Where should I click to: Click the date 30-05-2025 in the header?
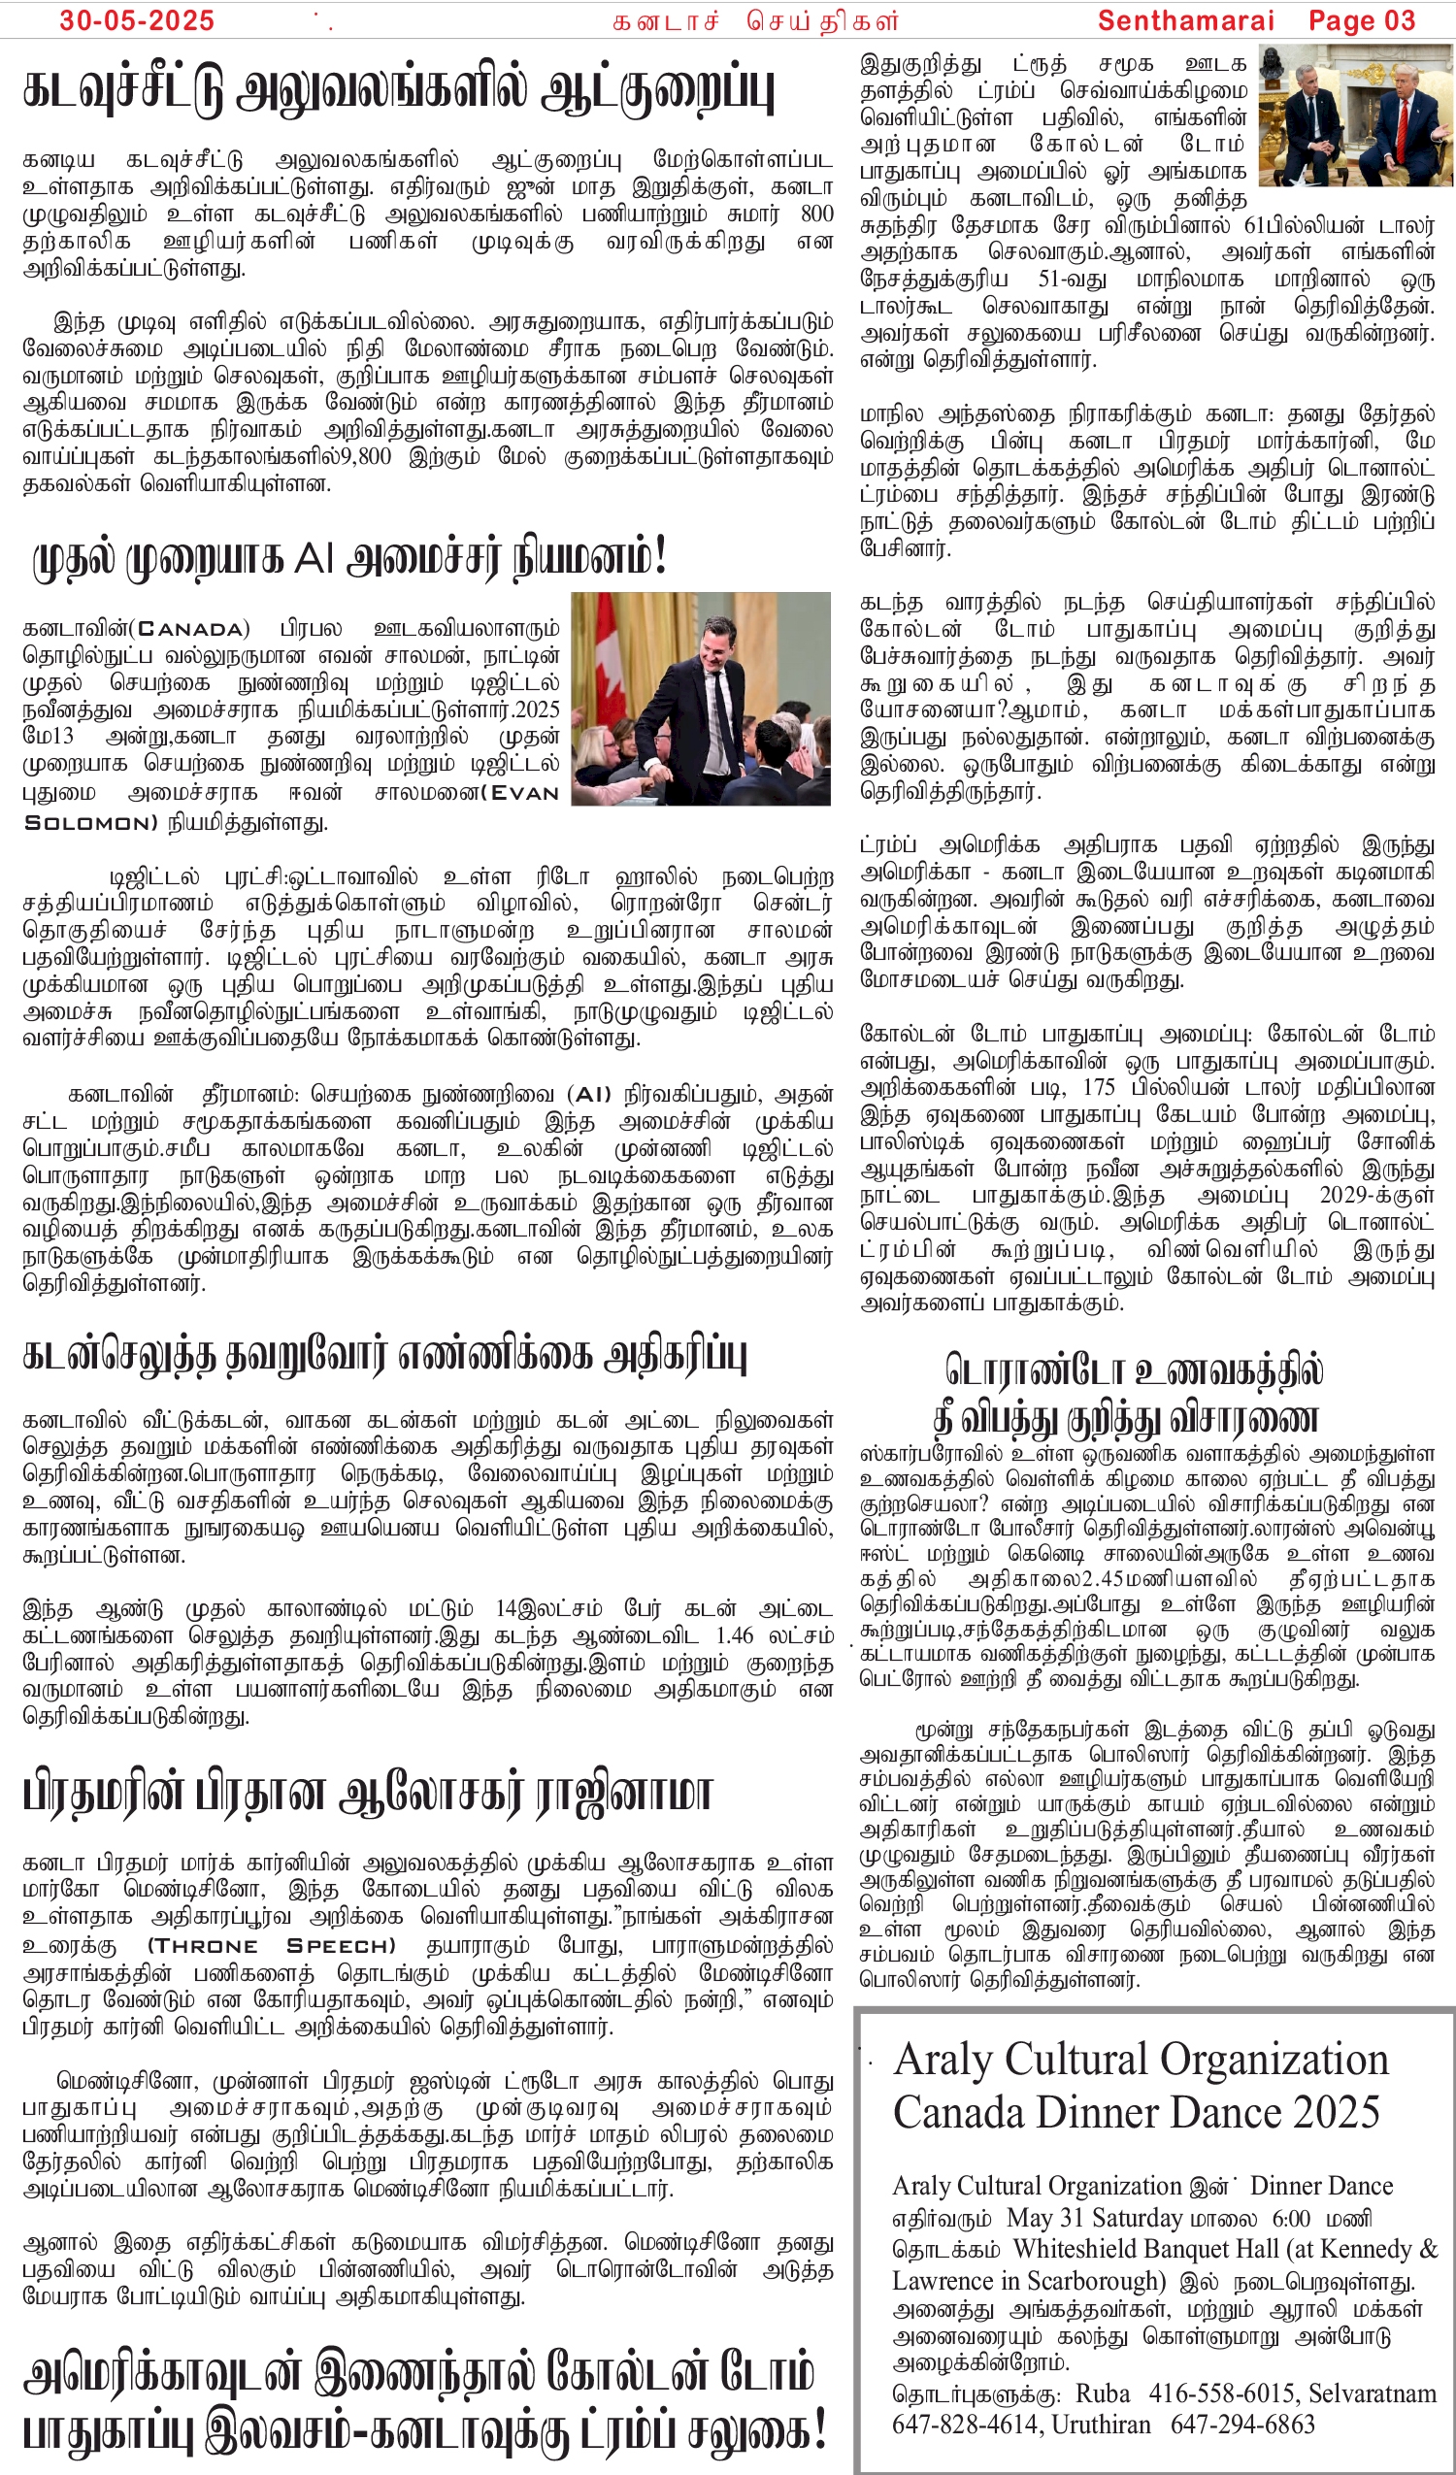click(137, 20)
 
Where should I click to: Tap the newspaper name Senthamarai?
click(1185, 20)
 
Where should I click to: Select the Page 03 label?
click(1362, 20)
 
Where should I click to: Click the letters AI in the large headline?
click(314, 558)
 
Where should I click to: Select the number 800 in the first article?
click(816, 214)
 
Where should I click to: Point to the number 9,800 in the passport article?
click(367, 456)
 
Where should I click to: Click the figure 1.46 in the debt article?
click(734, 1635)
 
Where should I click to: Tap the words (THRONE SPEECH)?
click(271, 1946)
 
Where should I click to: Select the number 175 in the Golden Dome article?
click(1099, 1087)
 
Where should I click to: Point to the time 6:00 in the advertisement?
click(1291, 2218)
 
